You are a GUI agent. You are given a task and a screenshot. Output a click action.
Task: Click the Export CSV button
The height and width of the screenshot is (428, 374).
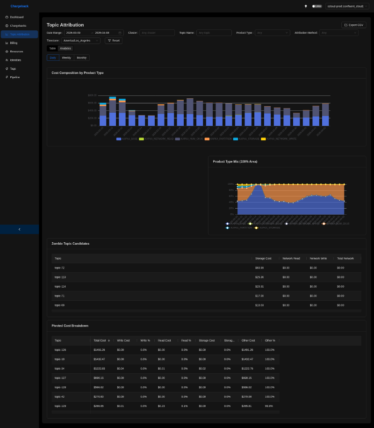tap(353, 25)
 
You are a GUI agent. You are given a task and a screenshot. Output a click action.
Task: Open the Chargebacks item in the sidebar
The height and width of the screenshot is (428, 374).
tap(18, 25)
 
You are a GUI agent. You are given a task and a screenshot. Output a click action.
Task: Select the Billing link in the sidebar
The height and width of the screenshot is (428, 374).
tap(14, 43)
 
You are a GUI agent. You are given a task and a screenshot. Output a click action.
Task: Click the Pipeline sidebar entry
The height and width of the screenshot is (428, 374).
tap(15, 77)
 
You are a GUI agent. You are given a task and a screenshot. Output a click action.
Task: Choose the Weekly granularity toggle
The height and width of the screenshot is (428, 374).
tap(66, 58)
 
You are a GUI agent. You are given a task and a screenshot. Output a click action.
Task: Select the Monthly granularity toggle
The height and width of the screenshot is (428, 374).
tap(81, 58)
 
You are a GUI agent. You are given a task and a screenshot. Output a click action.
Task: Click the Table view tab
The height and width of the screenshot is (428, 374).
tap(52, 48)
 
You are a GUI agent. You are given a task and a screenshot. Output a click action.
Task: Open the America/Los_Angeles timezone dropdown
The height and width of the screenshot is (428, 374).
tap(81, 41)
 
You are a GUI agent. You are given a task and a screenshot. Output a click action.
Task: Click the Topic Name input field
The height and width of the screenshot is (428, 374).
tap(214, 33)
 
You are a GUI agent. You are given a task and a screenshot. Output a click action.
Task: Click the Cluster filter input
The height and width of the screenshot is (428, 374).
tap(157, 33)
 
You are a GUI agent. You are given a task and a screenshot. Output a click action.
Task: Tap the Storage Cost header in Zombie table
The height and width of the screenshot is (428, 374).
tap(263, 258)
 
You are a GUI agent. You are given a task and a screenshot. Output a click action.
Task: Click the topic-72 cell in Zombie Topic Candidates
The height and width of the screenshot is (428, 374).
tap(59, 268)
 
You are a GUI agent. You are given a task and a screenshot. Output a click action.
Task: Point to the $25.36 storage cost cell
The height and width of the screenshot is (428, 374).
tap(259, 277)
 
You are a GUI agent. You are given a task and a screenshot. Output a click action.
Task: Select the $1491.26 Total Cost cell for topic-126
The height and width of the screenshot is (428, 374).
tap(100, 350)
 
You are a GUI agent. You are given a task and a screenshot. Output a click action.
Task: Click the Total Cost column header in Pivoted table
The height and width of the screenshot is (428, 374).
tap(100, 341)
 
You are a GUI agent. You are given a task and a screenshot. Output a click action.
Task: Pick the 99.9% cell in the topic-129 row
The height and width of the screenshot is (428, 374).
tap(269, 406)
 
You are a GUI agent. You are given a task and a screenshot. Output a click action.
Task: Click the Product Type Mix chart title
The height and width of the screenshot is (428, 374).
tap(235, 161)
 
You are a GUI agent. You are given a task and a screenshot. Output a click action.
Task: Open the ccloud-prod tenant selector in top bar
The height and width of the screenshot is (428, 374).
tap(348, 6)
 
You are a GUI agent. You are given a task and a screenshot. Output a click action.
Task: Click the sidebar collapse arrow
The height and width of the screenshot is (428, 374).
tap(19, 229)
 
